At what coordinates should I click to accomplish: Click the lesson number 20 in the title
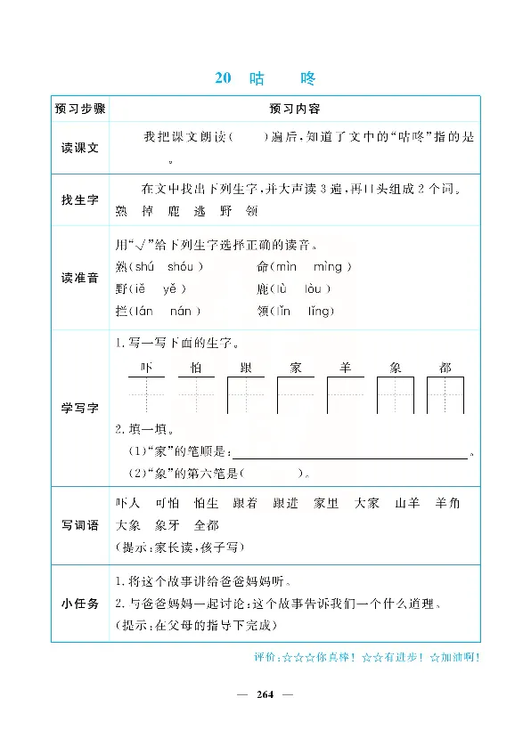(223, 78)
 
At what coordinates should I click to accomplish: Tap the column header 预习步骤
(79, 109)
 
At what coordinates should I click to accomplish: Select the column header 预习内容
(294, 109)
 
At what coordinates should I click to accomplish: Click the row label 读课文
(79, 150)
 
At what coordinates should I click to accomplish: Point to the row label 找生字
(79, 200)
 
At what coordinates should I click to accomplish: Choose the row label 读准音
(79, 278)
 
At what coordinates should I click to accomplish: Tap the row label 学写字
(79, 407)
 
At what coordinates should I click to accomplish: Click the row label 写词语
(79, 525)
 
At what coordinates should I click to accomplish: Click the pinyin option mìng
(331, 266)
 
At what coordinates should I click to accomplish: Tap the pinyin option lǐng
(319, 311)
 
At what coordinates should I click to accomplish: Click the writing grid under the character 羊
(345, 394)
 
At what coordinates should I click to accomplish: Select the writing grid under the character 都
(445, 394)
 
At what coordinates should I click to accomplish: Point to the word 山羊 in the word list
(407, 503)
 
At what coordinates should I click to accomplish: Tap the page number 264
(265, 695)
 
